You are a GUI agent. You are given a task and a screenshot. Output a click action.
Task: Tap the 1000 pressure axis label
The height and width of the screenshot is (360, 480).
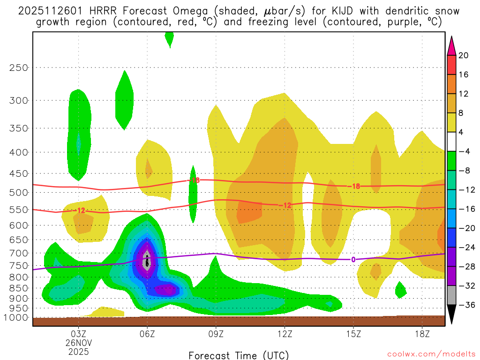tap(15, 317)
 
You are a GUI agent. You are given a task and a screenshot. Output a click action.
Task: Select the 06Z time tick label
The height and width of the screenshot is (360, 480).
tap(147, 334)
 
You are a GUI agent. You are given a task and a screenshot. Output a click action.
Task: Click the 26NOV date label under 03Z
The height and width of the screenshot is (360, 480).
tap(78, 343)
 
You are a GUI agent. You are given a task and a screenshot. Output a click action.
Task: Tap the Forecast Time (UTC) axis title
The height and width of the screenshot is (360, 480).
tap(239, 355)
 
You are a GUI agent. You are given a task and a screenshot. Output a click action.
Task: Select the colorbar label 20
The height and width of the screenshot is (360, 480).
tap(463, 55)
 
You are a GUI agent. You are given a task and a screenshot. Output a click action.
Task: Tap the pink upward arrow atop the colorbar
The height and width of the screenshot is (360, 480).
tap(452, 45)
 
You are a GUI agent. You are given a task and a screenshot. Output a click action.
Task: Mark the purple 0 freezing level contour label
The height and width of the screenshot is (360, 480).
tap(353, 260)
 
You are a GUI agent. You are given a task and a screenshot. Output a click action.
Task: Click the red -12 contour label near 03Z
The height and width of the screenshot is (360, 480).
tap(81, 211)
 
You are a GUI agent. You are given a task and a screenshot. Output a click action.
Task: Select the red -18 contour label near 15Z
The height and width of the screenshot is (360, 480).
tap(355, 186)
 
